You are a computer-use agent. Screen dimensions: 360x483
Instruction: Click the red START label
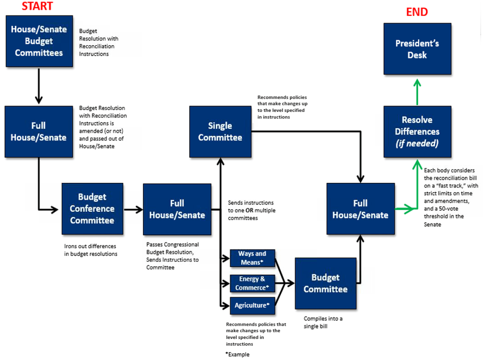click(37, 6)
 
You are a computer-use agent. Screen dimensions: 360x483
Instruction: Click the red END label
click(417, 12)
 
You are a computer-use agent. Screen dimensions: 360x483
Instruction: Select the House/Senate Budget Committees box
click(39, 41)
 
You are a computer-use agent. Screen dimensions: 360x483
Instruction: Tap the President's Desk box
click(417, 49)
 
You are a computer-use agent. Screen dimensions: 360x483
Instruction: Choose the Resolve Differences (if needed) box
click(417, 131)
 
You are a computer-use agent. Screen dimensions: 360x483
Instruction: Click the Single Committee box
click(220, 131)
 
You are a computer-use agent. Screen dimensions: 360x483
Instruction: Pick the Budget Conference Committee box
click(92, 209)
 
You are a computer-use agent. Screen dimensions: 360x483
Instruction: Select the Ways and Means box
click(252, 258)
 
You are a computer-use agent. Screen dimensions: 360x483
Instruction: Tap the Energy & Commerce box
click(252, 283)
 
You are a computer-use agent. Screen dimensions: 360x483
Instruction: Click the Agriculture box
click(252, 305)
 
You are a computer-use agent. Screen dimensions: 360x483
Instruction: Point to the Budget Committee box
click(325, 283)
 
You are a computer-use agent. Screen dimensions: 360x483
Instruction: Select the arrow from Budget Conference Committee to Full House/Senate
click(133, 209)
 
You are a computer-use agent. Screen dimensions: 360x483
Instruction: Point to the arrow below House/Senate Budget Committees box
click(39, 87)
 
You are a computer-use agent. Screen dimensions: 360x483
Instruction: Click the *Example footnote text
click(237, 355)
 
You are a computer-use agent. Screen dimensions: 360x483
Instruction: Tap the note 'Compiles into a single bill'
click(323, 323)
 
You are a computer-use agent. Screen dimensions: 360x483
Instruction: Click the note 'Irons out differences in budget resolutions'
click(90, 250)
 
